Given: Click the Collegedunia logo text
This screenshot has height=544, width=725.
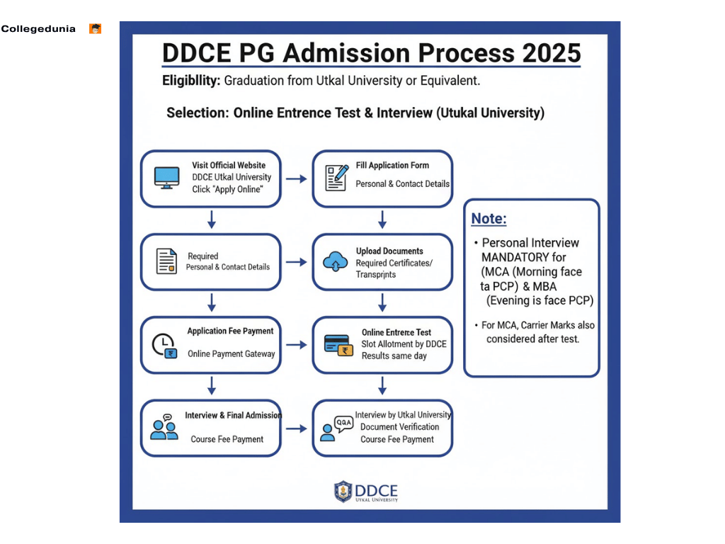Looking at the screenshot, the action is click(x=38, y=29).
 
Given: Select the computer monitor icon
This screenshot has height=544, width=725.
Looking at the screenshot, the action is click(x=167, y=178).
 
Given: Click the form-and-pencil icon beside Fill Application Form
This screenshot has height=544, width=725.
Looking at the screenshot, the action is click(x=336, y=178).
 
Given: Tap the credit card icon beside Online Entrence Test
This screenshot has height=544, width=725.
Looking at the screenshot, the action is click(x=336, y=345).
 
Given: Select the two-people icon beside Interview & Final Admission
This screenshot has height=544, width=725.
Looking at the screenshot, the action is click(x=164, y=427).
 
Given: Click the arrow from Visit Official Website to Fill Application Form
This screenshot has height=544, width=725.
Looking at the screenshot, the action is click(x=296, y=179).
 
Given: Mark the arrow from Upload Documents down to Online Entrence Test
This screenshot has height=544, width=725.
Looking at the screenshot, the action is click(x=382, y=302).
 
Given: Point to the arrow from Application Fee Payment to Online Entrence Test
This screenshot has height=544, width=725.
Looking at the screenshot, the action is click(x=296, y=345).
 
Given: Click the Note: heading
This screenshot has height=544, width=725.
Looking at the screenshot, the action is click(x=489, y=219).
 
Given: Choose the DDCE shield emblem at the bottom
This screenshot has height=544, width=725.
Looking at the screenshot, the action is click(x=343, y=492).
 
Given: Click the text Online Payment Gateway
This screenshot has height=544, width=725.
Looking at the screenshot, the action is click(x=231, y=354).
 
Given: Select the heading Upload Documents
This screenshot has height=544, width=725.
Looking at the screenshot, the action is click(x=389, y=251).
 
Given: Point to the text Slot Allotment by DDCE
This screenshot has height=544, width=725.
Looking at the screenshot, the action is click(x=404, y=344).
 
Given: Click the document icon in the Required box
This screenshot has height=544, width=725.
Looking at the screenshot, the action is click(x=166, y=261).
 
